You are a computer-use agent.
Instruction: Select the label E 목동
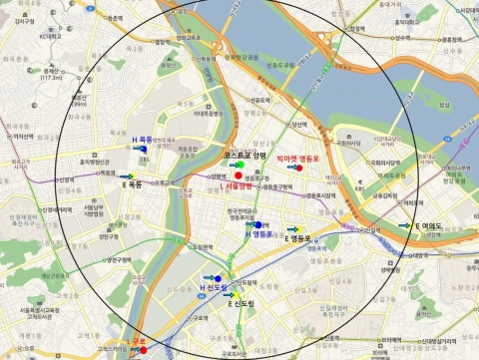coord(132,185)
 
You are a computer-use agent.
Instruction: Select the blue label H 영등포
coord(259,236)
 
